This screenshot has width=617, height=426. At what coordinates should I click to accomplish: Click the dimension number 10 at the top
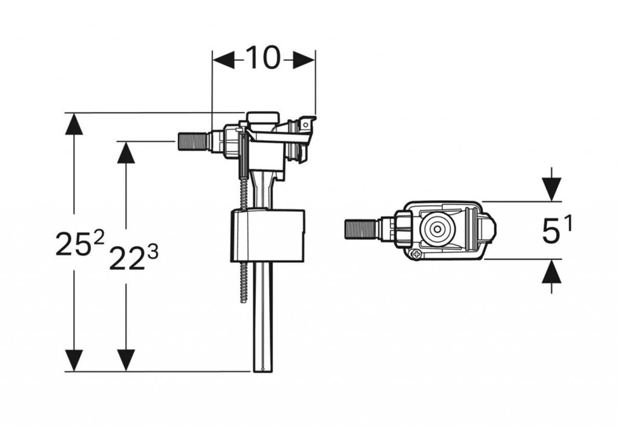pos(264,58)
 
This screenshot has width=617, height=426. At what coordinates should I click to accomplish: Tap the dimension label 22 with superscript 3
pos(133,258)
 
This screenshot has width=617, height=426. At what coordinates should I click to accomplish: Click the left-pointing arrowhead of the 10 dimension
pos(224,60)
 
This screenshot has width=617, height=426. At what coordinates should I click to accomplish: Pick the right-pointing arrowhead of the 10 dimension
pos(304,60)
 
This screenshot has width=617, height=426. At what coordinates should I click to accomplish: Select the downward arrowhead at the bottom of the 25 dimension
pos(74,360)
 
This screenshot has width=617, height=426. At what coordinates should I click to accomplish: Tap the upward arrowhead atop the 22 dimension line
pos(126,152)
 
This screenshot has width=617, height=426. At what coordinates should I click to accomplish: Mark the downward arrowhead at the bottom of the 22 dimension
pos(126,360)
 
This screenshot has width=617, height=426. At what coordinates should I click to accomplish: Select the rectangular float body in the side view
pos(268,236)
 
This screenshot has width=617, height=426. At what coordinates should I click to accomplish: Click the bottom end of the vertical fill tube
pos(262,369)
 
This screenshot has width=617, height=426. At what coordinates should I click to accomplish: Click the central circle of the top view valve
pos(437,229)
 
